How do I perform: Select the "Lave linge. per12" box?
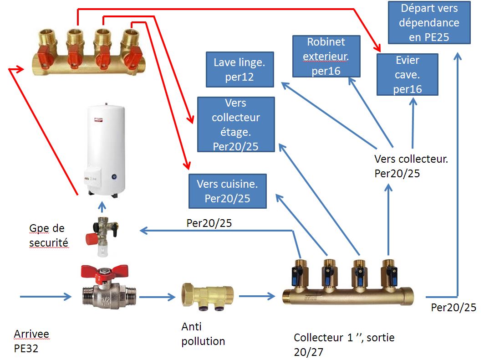click(x=239, y=69)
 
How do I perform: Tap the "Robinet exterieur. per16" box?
click(x=326, y=56)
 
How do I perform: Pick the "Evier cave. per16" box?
click(x=407, y=74)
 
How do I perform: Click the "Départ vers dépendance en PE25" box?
click(x=429, y=22)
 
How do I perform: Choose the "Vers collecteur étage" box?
click(x=236, y=124)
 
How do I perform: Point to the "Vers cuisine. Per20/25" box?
click(x=227, y=191)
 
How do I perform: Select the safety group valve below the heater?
click(x=103, y=232)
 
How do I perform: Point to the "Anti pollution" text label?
click(x=203, y=334)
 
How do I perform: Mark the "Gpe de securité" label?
click(x=48, y=235)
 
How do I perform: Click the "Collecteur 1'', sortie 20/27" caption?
click(x=344, y=344)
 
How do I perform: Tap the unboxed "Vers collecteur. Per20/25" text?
click(x=411, y=166)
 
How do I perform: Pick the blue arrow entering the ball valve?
click(x=46, y=297)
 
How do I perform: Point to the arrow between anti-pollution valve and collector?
click(x=257, y=297)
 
